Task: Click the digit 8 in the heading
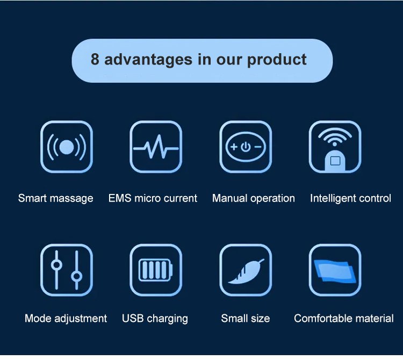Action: [95, 59]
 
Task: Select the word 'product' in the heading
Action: [277, 60]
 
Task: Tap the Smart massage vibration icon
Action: [67, 147]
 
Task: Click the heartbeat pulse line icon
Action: [156, 147]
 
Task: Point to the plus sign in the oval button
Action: [234, 147]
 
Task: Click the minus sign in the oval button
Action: [258, 147]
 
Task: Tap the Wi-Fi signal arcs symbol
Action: [335, 136]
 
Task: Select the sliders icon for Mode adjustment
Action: [67, 270]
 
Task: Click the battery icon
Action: [155, 270]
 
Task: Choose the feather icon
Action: [246, 271]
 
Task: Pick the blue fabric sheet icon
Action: [335, 271]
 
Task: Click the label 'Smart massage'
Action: [56, 199]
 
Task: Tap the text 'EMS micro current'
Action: [153, 198]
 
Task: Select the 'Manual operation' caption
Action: [254, 199]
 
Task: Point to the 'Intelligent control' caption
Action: [350, 199]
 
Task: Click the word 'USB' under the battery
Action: [133, 319]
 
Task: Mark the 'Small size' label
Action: [246, 319]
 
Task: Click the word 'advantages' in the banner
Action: [148, 60]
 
